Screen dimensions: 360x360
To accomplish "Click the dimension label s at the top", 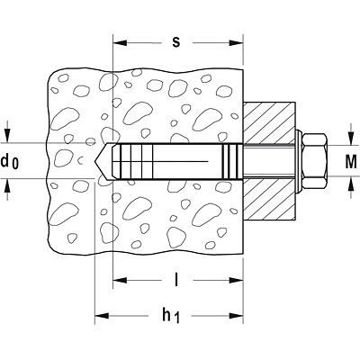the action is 176,42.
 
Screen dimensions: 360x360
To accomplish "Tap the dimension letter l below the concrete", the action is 176,280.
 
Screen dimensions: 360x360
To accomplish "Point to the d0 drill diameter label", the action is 10,162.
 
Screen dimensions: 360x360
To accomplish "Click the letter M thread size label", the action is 351,162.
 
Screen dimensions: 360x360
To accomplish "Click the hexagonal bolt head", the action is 314,161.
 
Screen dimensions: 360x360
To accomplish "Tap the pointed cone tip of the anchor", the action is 95,161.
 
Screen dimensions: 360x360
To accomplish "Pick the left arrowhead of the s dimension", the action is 120,42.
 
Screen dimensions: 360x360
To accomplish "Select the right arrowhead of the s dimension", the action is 236,42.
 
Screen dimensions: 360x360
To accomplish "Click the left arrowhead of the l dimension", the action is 120,281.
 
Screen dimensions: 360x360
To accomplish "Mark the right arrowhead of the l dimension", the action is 236,281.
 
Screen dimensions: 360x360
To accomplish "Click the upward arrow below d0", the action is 8,189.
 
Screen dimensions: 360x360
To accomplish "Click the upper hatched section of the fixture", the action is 269,123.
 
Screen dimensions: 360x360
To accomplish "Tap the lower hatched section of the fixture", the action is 269,199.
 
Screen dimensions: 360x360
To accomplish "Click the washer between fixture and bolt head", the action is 299,161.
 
